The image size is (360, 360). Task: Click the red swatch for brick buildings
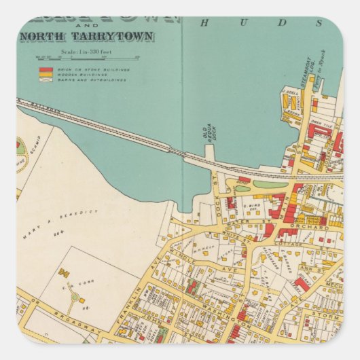point(46,69)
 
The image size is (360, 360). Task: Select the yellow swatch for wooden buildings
point(46,74)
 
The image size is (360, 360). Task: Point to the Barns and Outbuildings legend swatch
point(46,79)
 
